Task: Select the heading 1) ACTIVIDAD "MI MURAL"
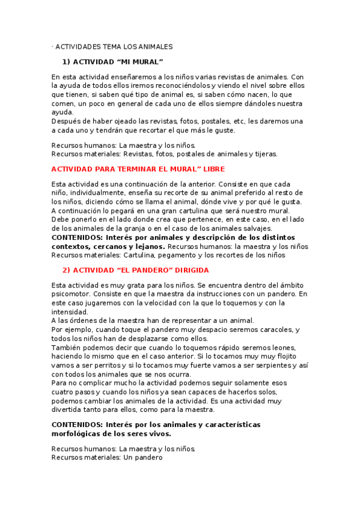113,62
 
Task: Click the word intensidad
70,312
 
